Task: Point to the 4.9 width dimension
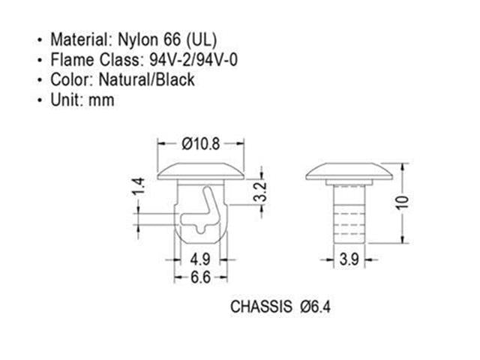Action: click(200, 260)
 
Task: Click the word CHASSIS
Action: click(260, 307)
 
